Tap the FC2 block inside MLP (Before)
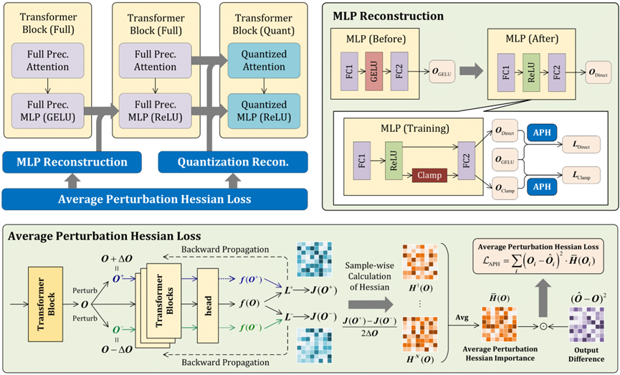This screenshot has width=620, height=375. coord(399,69)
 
